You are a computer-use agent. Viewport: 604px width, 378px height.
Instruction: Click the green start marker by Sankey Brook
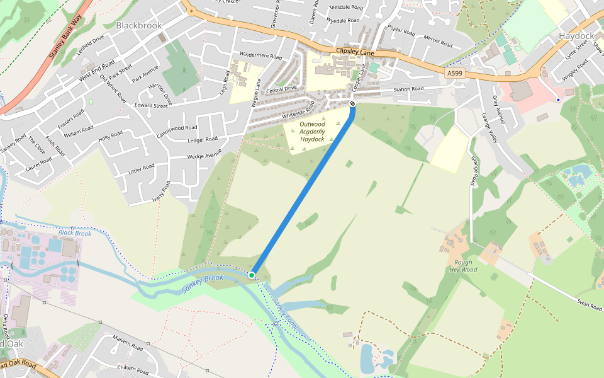tap(252, 275)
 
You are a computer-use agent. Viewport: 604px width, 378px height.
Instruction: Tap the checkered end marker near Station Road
tap(352, 104)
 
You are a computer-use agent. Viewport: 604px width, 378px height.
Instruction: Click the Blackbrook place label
tap(138, 25)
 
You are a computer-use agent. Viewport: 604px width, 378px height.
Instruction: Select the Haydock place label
tap(576, 36)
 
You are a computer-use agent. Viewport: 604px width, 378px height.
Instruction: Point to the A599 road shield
tap(456, 74)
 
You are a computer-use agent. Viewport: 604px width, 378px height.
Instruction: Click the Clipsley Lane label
tap(355, 52)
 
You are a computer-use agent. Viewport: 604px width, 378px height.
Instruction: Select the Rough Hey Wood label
tap(463, 266)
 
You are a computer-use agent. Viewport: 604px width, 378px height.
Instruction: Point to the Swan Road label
tap(590, 305)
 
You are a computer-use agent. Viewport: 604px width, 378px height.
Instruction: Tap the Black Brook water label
tap(75, 233)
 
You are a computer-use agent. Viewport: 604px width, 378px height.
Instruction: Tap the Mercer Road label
tap(438, 42)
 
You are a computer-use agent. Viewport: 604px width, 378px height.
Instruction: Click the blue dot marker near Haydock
tap(557, 100)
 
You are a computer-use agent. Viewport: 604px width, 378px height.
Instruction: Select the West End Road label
tap(97, 71)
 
